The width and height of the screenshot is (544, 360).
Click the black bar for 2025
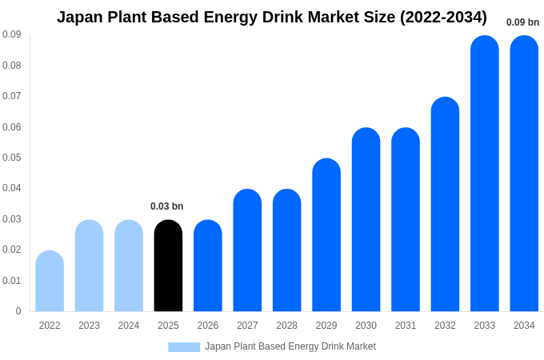point(168,266)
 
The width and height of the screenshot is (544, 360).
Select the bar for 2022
point(50,281)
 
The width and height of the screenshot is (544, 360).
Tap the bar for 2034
point(524,174)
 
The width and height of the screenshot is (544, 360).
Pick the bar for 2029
point(326,235)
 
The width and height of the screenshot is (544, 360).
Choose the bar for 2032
point(445,204)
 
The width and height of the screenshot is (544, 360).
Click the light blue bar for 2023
point(89,266)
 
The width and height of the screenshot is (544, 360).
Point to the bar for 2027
point(247,250)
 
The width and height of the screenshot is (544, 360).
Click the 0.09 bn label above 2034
point(522,22)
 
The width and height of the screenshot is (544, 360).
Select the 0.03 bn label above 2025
point(167,206)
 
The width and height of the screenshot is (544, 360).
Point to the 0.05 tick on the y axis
point(12,158)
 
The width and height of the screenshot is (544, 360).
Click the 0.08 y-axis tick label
point(12,66)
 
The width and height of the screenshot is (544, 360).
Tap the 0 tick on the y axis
point(18,311)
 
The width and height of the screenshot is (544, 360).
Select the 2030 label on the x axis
point(366,326)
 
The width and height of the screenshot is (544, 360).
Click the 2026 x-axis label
point(208,326)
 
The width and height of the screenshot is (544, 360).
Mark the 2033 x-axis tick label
point(484,326)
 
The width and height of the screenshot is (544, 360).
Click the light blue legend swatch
point(184,347)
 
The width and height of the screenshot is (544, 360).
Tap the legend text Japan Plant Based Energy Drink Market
point(290,346)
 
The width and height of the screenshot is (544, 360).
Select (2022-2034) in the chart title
point(443,17)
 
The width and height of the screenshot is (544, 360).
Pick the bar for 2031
point(406,220)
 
